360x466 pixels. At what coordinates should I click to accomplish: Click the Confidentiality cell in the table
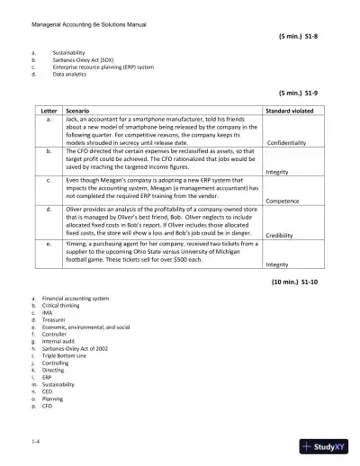(291, 142)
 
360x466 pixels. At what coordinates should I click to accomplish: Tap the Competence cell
(283, 202)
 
